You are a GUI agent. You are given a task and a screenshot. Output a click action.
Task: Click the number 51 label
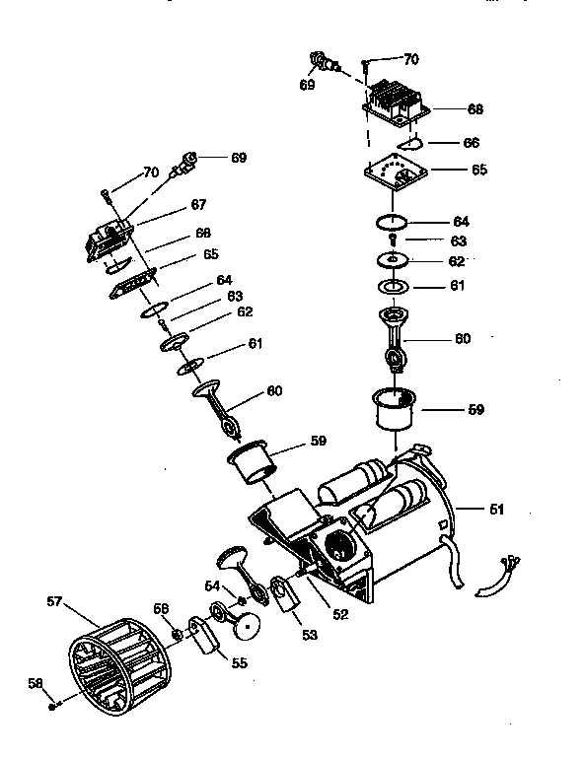coord(496,509)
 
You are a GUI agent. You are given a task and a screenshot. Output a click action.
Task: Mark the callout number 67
coord(198,205)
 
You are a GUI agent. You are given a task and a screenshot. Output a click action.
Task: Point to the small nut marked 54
coord(240,600)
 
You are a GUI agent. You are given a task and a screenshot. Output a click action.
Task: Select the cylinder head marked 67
coord(109,240)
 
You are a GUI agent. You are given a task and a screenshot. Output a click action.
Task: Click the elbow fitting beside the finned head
coord(322,62)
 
